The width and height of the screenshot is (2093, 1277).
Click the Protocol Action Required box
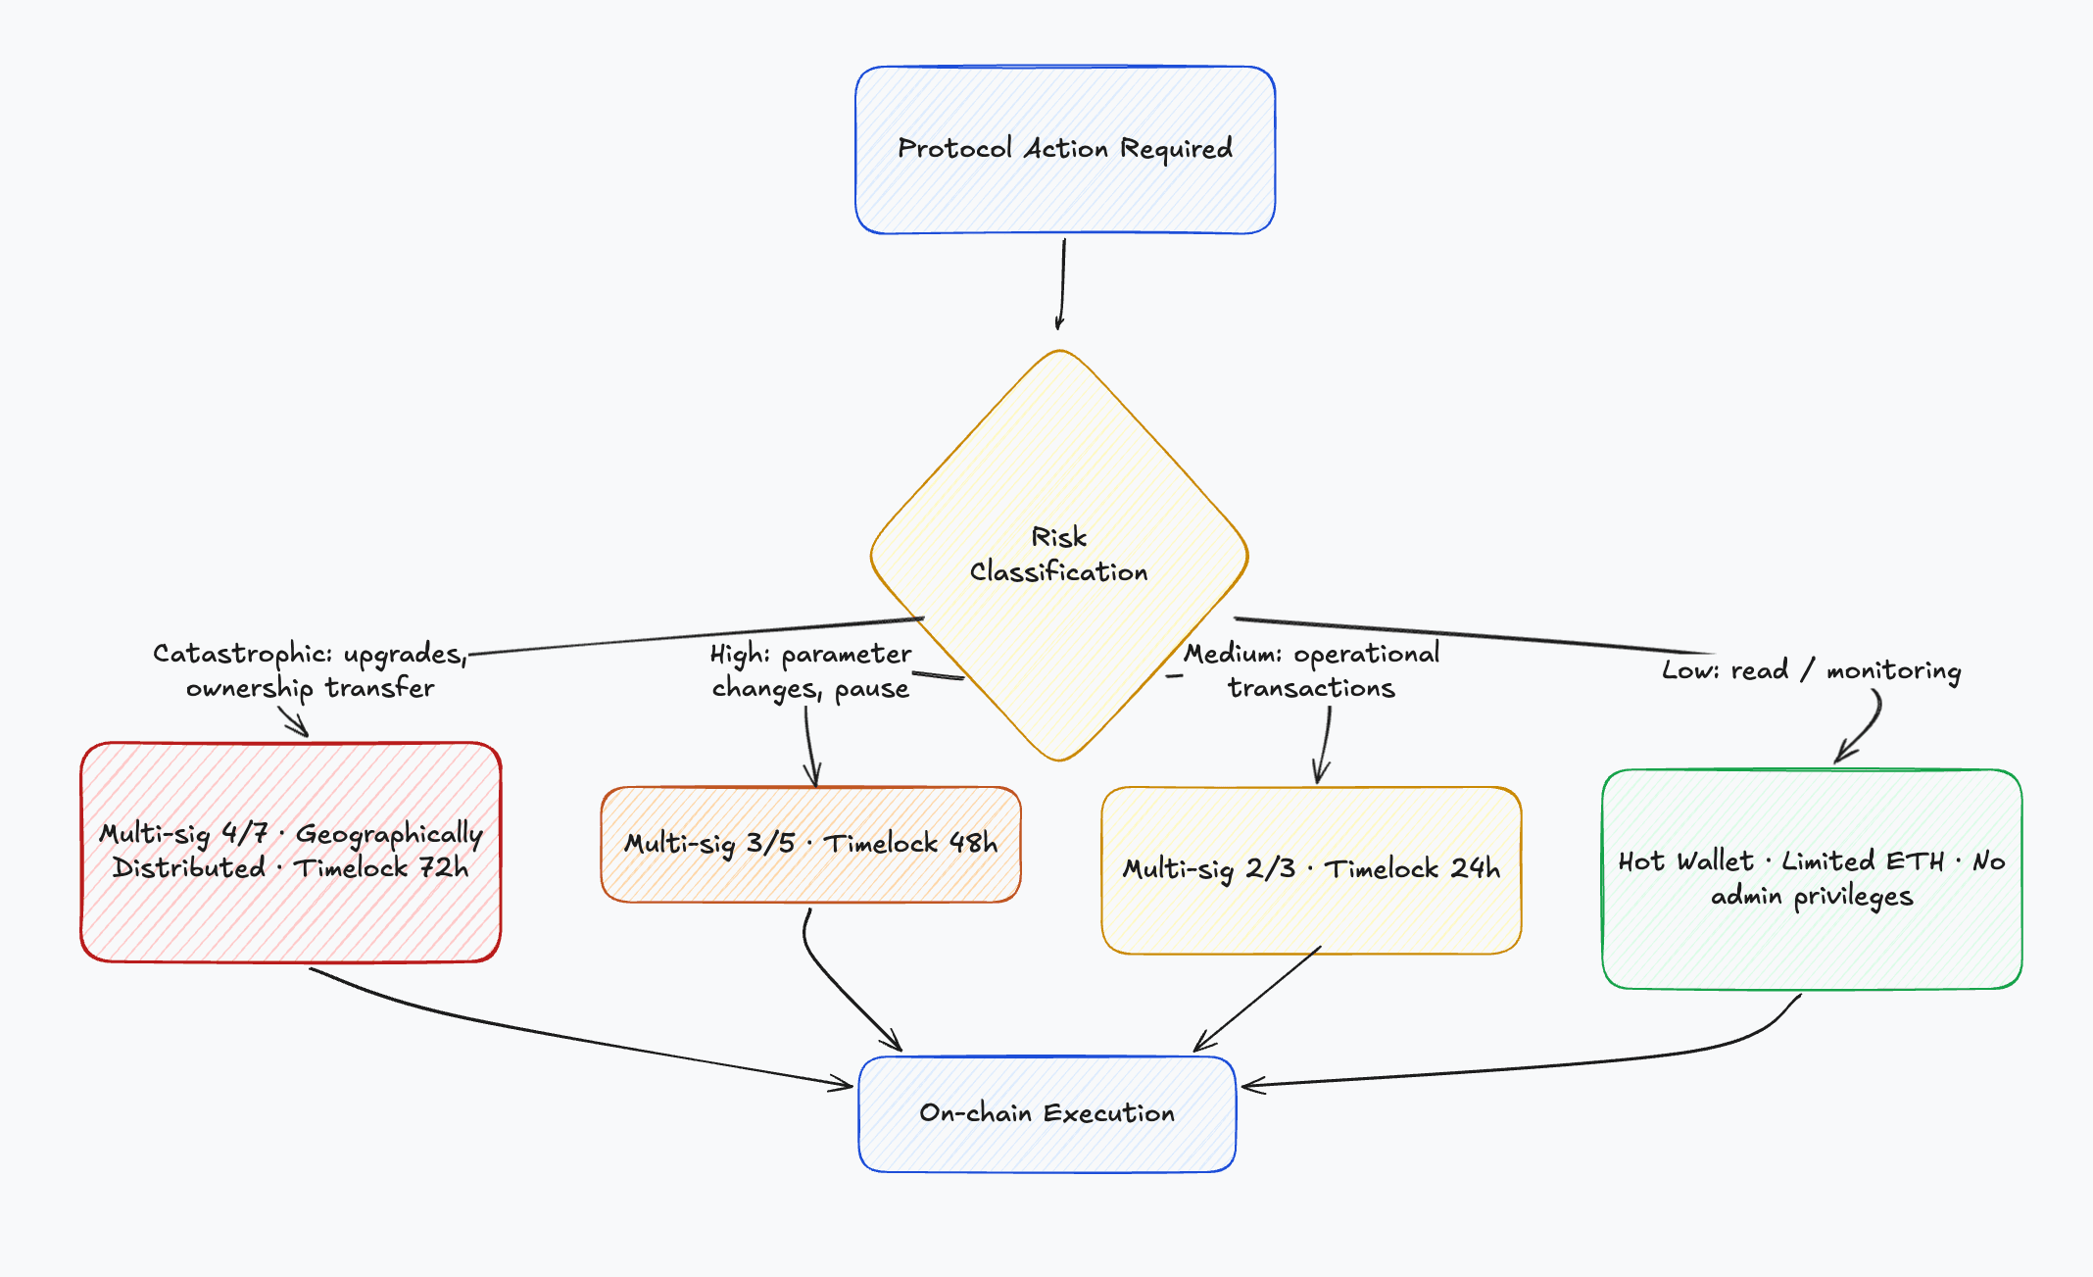coord(1065,150)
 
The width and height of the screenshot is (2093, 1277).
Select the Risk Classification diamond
coord(1059,555)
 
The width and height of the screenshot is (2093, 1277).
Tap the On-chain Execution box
coord(1046,1113)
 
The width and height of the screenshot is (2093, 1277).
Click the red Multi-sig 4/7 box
coord(291,852)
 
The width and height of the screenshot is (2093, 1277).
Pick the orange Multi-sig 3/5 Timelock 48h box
coord(811,844)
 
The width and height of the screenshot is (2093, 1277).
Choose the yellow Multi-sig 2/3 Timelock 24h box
coord(1311,869)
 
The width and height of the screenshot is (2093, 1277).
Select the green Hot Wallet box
coord(1812,879)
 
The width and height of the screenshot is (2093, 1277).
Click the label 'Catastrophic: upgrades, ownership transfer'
coord(310,671)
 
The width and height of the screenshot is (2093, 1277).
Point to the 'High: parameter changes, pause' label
coord(811,671)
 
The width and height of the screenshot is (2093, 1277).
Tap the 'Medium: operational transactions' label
coord(1311,670)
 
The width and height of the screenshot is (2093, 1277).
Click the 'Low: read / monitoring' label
coord(1812,670)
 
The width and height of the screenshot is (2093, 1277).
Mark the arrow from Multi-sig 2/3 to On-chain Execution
coord(1257,999)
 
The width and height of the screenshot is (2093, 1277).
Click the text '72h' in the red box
coord(444,868)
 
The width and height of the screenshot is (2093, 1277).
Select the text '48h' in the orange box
coord(973,843)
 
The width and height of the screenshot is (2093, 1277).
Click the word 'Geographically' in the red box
coord(389,835)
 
